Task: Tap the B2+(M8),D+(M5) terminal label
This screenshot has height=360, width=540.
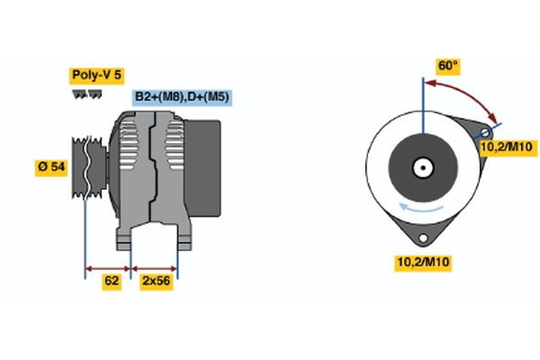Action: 179,96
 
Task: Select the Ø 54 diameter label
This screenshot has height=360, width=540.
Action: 53,167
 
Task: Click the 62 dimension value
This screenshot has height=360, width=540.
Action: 112,282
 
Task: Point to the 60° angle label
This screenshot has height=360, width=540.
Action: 447,66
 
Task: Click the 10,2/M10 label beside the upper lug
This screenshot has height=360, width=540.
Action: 508,147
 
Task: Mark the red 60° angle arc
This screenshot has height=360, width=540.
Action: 468,91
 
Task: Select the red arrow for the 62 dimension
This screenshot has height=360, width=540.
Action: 108,267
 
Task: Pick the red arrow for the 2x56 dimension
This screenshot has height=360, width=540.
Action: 155,267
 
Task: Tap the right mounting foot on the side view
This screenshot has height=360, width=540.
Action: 184,238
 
